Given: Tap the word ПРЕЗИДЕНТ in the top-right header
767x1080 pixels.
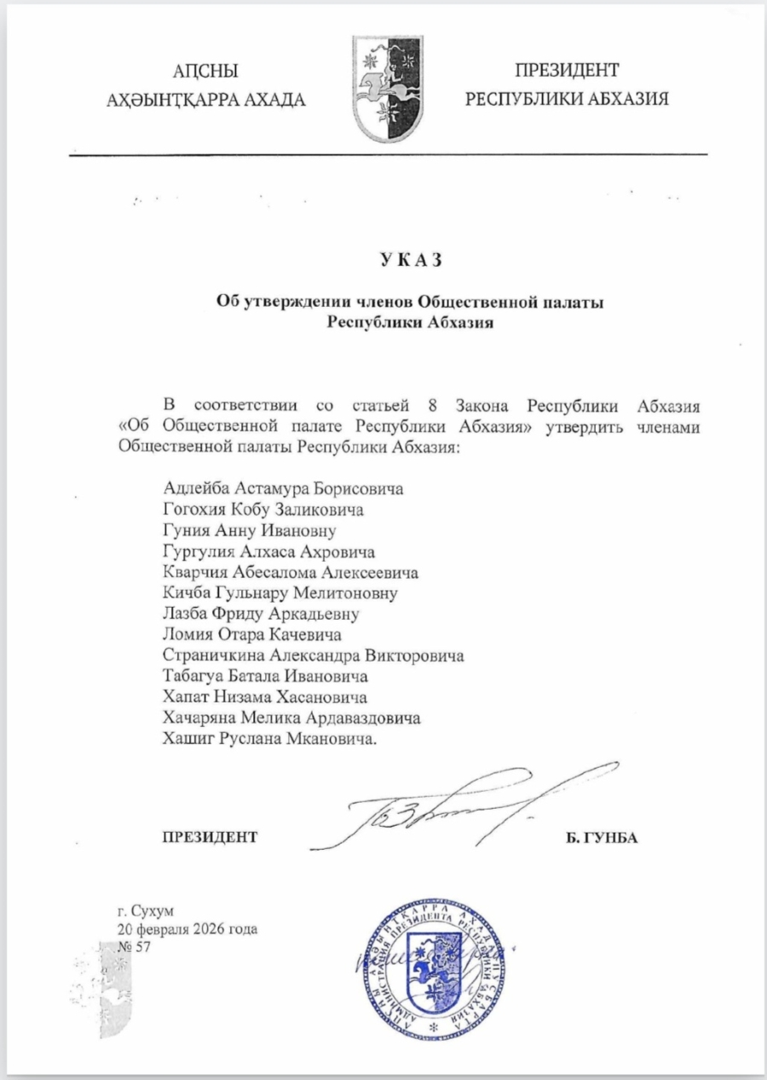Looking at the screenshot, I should pyautogui.click(x=567, y=72).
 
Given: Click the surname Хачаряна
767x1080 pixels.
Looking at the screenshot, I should pyautogui.click(x=198, y=719).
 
